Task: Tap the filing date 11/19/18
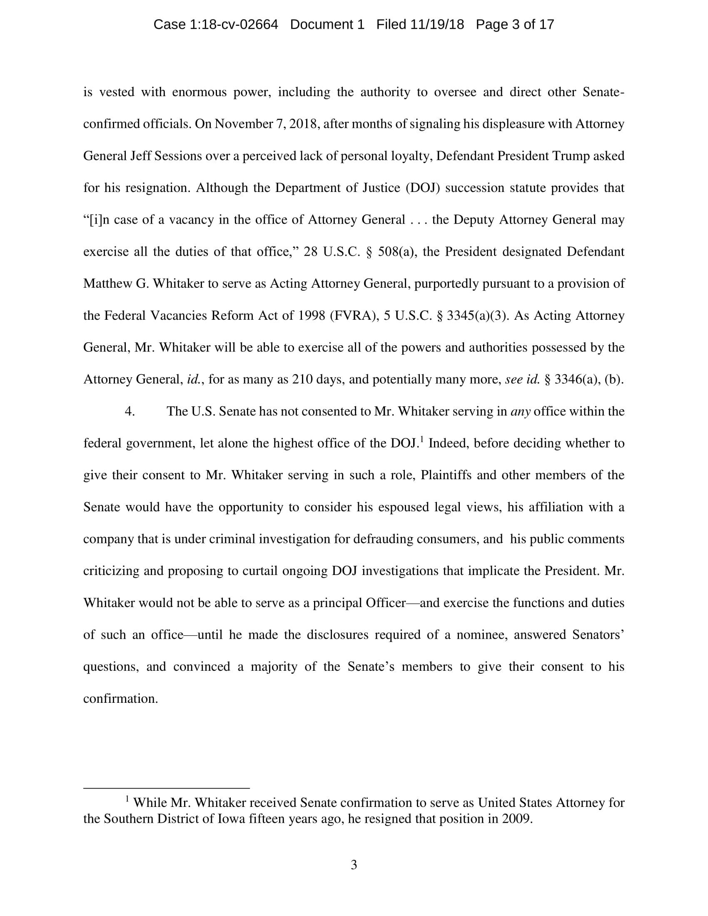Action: click(x=437, y=25)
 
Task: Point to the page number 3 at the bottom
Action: click(x=354, y=865)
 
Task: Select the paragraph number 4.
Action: click(x=130, y=411)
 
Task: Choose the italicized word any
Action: click(x=521, y=411)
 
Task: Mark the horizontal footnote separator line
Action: click(x=167, y=788)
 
